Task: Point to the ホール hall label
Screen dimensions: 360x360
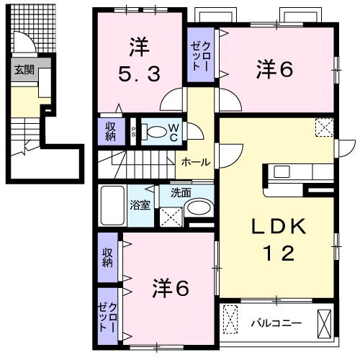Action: [x=196, y=162]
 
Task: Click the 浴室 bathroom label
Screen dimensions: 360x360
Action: [x=140, y=204]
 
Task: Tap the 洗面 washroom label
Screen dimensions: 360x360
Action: [x=181, y=193]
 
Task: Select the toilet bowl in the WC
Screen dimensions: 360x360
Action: [x=155, y=132]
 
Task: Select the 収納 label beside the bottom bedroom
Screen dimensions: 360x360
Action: [x=107, y=258]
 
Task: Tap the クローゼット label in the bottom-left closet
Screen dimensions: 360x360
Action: [x=107, y=312]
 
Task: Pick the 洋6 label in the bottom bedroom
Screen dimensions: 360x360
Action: [x=171, y=289]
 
